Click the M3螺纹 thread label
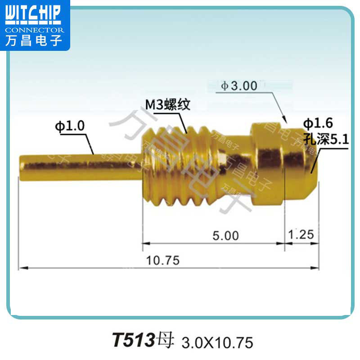click(167, 105)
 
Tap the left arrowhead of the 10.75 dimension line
click(22, 268)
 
